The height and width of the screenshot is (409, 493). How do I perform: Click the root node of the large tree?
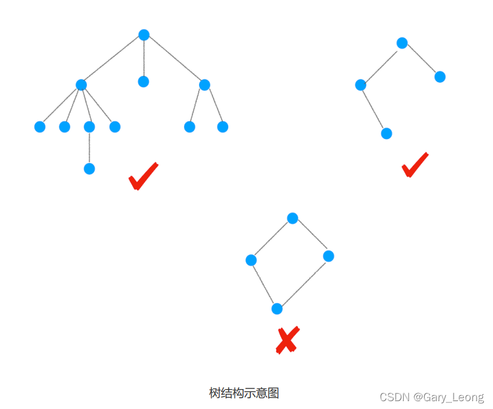click(x=144, y=35)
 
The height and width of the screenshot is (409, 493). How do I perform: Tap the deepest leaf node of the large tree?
click(x=89, y=169)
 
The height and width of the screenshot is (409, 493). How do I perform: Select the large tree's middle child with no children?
click(x=143, y=82)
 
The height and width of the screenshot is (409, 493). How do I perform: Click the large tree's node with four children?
click(x=81, y=85)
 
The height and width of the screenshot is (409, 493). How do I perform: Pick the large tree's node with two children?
click(x=204, y=85)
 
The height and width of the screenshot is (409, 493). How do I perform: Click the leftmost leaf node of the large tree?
click(x=40, y=127)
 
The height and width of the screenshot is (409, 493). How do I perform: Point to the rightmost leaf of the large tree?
click(x=223, y=127)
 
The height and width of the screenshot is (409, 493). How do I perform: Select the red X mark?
click(x=287, y=340)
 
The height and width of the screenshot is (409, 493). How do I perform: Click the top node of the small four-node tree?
click(x=402, y=43)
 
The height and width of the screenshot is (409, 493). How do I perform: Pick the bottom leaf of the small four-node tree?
click(x=387, y=134)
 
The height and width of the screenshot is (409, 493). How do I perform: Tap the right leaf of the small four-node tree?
click(x=440, y=77)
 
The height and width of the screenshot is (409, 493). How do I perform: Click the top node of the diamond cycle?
click(x=293, y=218)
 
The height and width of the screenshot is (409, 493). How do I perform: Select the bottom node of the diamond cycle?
click(x=277, y=309)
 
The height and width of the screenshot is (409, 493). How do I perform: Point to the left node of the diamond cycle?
click(x=251, y=260)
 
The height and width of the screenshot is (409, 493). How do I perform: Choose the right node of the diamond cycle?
click(x=328, y=256)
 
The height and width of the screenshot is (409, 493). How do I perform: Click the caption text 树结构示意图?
click(x=244, y=393)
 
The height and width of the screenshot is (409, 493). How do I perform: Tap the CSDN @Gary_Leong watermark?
click(x=431, y=397)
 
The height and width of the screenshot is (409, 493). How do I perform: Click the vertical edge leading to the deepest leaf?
click(x=89, y=148)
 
